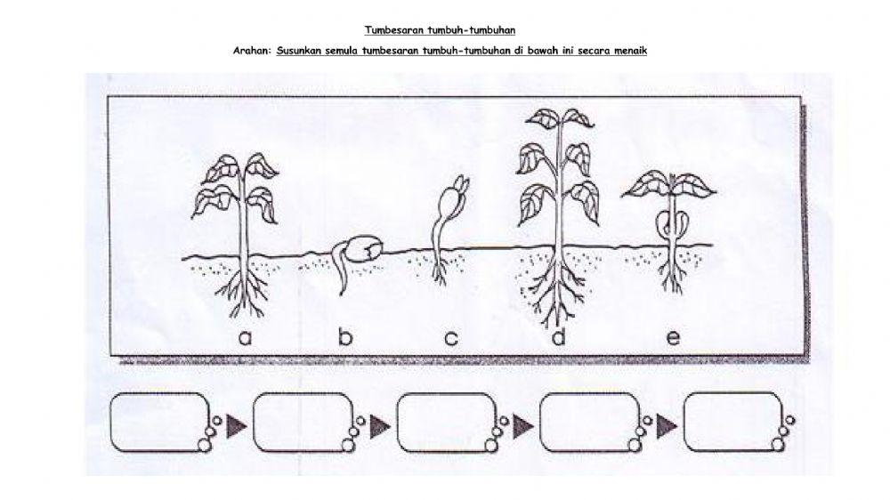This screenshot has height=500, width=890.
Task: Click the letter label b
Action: click(x=345, y=337)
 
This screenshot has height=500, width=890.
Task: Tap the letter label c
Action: click(x=451, y=337)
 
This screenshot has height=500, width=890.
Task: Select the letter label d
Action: click(x=559, y=337)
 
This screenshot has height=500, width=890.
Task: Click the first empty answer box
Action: click(x=156, y=422)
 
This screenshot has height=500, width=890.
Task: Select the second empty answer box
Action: click(x=300, y=422)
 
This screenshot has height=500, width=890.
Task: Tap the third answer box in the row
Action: click(x=443, y=422)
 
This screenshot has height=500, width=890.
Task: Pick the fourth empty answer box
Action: click(x=587, y=422)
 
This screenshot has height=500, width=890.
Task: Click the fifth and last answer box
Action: click(x=730, y=422)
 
